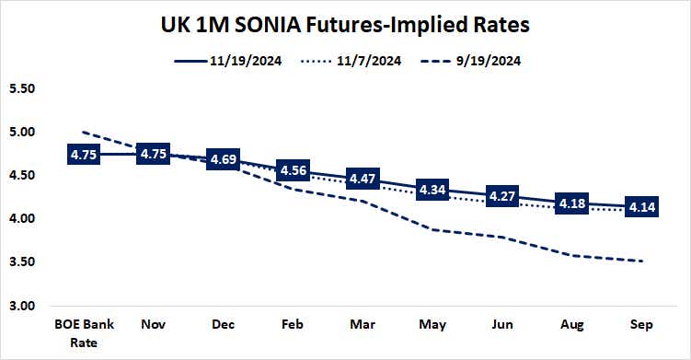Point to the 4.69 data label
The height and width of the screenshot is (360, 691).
coord(222,159)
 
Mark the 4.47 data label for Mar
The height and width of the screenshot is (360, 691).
coord(360,179)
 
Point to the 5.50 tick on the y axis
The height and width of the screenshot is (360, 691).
coord(21,89)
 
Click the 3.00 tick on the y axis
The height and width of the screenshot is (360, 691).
coord(21,306)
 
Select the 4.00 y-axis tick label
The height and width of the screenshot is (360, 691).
coord(21,219)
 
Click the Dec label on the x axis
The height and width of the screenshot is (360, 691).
coord(222,326)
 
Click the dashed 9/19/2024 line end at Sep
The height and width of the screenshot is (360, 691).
coord(641,261)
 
